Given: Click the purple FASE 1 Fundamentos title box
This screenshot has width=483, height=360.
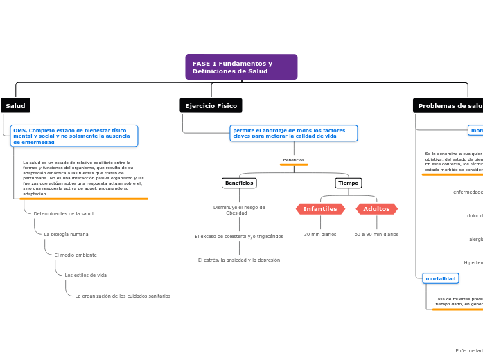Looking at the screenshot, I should (241, 67).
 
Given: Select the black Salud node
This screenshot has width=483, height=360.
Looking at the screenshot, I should (15, 106).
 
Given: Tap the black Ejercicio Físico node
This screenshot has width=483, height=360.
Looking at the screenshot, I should (211, 106).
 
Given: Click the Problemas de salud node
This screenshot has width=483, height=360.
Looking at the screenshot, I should (449, 106).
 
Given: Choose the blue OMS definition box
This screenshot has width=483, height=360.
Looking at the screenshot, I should (74, 136).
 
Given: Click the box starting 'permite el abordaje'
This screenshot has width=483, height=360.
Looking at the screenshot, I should (294, 133).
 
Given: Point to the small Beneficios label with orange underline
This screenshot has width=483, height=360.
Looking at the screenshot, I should (294, 160).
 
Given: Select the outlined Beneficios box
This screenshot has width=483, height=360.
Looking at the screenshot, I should (238, 183).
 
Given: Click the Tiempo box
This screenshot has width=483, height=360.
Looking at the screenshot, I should (348, 183).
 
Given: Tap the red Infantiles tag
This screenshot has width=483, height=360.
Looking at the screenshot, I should (320, 209).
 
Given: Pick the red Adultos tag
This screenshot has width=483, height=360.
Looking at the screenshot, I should (376, 209).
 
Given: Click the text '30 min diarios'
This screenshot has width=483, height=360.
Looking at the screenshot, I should (320, 235).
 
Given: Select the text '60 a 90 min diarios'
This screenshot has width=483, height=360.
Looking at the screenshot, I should (376, 235).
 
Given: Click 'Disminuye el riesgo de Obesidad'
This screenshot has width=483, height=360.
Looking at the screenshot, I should (239, 210).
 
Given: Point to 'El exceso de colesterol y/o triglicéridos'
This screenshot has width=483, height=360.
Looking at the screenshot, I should (239, 237).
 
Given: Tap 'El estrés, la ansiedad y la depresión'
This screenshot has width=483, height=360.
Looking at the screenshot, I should (239, 260).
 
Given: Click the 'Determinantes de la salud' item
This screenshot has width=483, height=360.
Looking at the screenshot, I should (63, 214).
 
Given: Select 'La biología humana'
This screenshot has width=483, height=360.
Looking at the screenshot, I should (66, 235).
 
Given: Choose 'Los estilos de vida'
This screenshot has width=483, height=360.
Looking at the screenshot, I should (85, 276).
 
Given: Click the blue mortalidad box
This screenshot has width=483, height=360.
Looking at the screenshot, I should (441, 278).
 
